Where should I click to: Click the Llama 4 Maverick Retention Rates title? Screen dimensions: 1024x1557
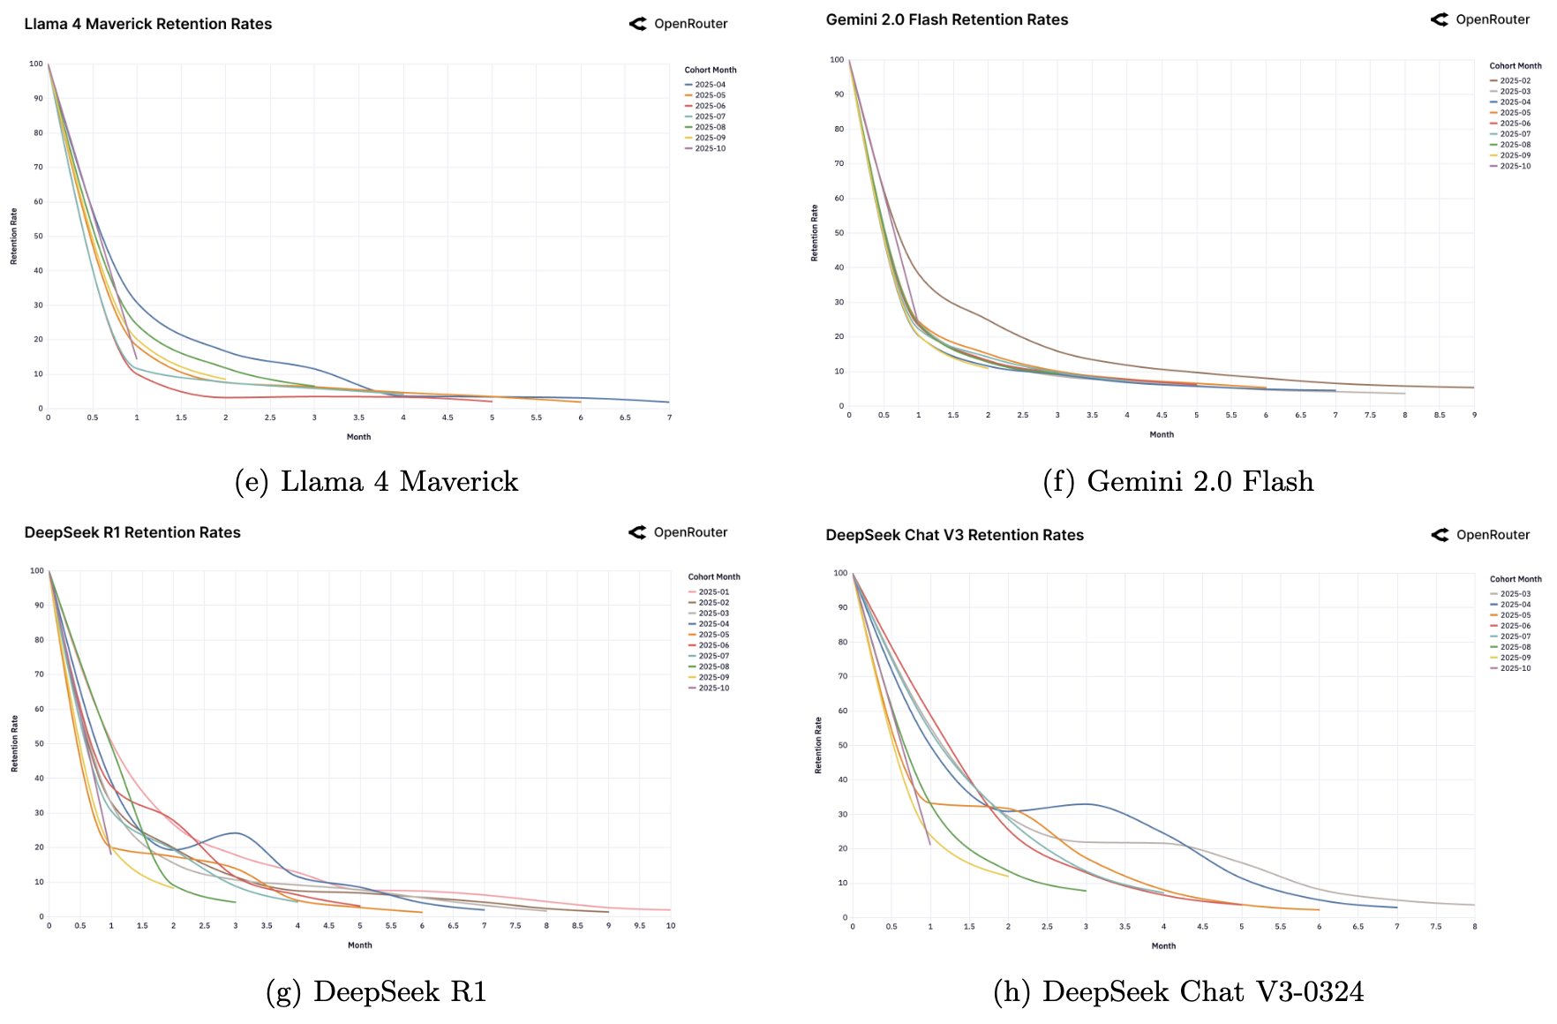(147, 24)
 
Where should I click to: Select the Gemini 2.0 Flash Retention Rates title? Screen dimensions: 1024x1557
(946, 19)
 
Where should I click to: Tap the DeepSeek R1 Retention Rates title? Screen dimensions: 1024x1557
(132, 532)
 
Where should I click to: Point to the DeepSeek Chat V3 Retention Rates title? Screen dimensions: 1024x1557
(954, 535)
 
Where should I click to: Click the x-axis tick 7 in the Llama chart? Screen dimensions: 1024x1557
(669, 418)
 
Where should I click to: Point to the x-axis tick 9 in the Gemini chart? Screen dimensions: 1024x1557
(1474, 415)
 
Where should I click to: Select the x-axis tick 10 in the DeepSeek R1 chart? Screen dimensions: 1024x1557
(671, 926)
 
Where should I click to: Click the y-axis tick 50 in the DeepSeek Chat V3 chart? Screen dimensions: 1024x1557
(842, 745)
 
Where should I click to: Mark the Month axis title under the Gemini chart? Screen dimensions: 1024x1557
(1162, 434)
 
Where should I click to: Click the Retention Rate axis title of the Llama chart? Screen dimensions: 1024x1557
(13, 237)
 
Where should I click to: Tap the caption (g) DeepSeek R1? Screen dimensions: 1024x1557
(376, 991)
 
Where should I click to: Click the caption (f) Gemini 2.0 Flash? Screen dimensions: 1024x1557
(1177, 481)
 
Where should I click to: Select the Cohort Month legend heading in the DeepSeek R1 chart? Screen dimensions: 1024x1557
(714, 577)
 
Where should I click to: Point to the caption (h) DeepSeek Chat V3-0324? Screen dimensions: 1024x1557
(1177, 991)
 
